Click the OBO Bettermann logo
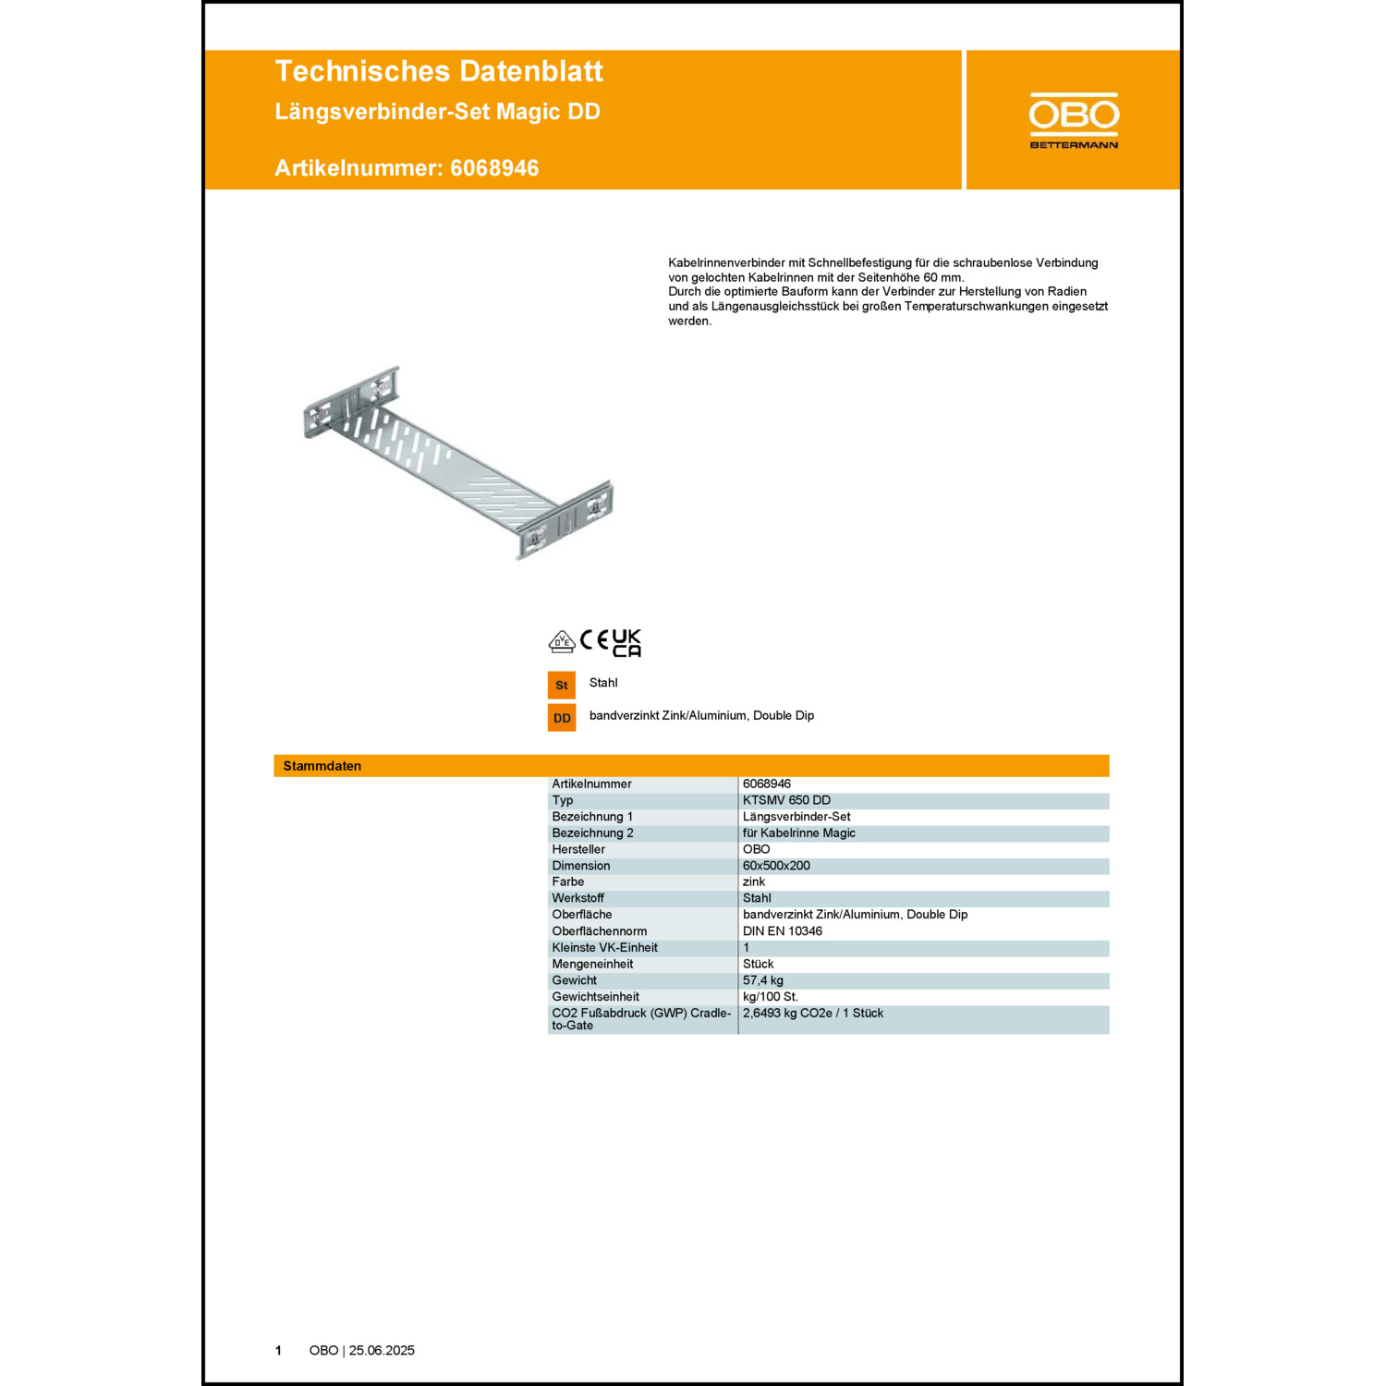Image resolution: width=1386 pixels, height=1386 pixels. click(x=1074, y=120)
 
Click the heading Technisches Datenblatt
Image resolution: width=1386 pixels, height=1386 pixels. click(x=439, y=71)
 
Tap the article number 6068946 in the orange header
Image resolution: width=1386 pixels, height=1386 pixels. click(x=494, y=168)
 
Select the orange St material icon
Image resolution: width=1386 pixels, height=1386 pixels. click(x=562, y=685)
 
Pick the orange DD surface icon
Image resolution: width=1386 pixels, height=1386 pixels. click(x=562, y=718)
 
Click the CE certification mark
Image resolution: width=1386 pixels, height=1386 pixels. click(x=594, y=640)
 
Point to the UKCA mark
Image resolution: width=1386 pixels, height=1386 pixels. click(x=626, y=643)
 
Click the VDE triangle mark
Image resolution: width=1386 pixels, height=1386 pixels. click(x=562, y=641)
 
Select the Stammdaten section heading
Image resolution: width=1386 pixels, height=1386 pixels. click(x=322, y=766)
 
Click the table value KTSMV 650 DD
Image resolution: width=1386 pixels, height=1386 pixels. click(x=786, y=800)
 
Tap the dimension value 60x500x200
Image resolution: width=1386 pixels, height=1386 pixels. click(x=776, y=866)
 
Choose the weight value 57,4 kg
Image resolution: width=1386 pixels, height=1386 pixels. click(x=763, y=980)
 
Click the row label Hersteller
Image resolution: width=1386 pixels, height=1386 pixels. click(x=578, y=849)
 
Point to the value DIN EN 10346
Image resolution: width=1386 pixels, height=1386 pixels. click(x=783, y=931)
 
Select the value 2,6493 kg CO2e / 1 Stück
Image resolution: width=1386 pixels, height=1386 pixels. click(x=813, y=1014)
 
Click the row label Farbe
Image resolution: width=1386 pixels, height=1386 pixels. click(x=568, y=881)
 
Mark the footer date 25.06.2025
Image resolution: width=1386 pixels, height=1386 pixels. click(x=382, y=1351)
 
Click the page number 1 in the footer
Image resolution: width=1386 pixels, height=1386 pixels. click(x=278, y=1351)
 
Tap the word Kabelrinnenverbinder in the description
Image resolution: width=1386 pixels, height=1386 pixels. click(x=726, y=263)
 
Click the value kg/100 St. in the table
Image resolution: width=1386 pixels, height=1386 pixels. click(x=771, y=997)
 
